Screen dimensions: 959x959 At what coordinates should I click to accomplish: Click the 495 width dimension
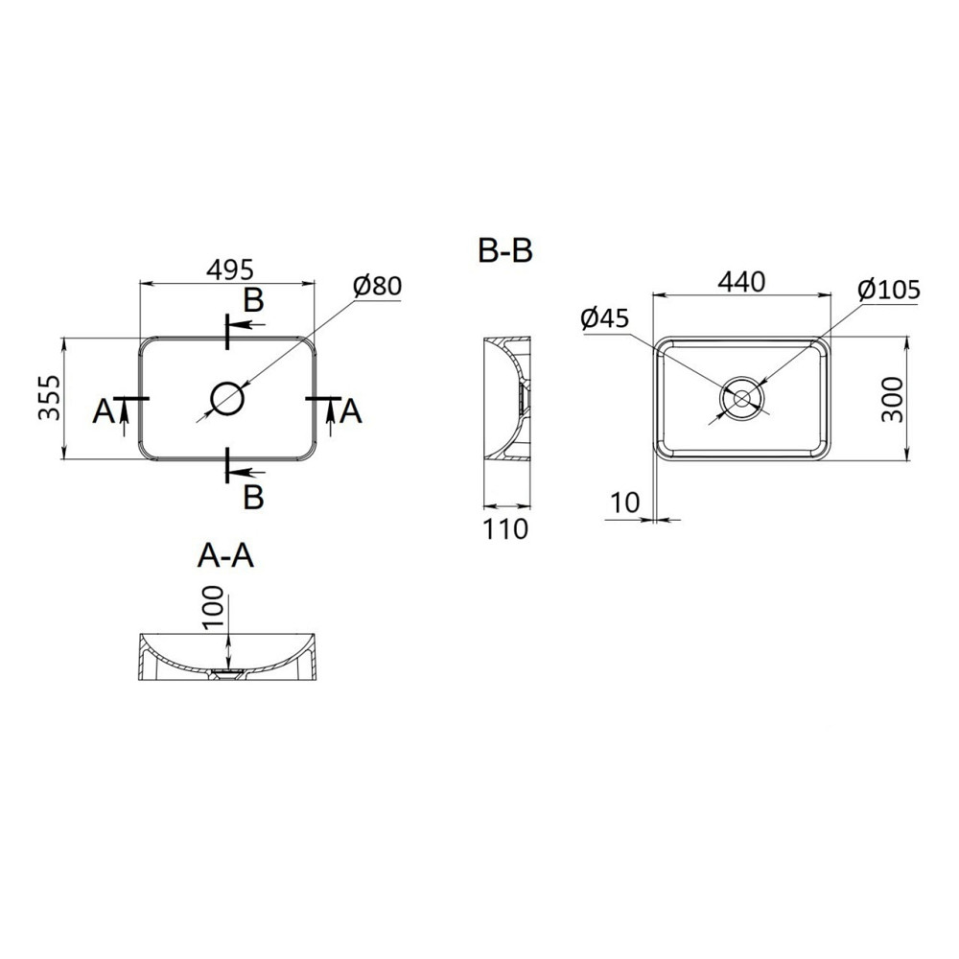(x=229, y=269)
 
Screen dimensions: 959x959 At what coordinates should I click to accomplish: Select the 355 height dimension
(x=50, y=398)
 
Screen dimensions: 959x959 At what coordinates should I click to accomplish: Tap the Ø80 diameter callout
(x=377, y=286)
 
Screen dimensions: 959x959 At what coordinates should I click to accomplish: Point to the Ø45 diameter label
(x=605, y=318)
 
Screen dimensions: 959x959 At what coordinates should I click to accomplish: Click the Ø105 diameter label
(x=889, y=290)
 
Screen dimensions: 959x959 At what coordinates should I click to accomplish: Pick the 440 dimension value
(x=741, y=282)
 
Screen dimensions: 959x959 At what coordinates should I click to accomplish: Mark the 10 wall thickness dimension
(x=624, y=503)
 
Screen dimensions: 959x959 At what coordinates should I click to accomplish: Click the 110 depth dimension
(x=505, y=529)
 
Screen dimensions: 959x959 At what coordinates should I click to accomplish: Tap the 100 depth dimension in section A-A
(x=214, y=607)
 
